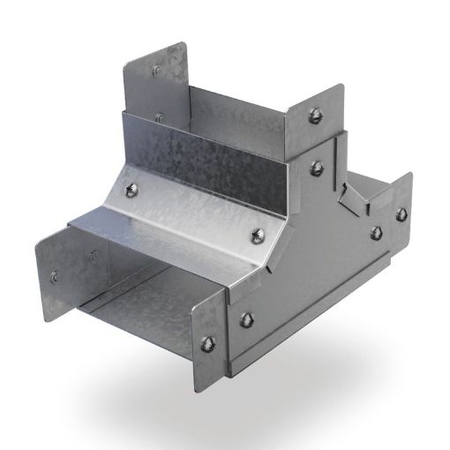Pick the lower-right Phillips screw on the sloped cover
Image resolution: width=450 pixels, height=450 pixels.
[259, 233]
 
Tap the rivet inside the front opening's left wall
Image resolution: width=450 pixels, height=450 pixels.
[92, 258]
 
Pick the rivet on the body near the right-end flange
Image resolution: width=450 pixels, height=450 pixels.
[376, 231]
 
